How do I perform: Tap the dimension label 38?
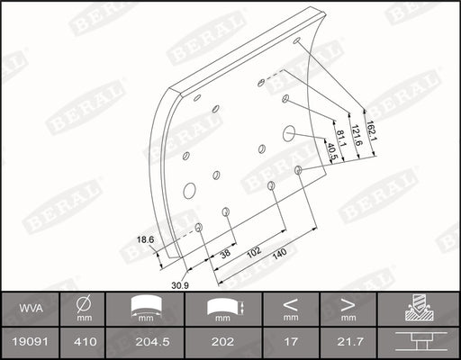click(x=224, y=255)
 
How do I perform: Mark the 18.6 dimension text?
click(x=146, y=238)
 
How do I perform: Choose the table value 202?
click(x=224, y=342)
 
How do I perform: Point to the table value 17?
click(x=290, y=342)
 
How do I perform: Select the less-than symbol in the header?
click(x=290, y=302)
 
